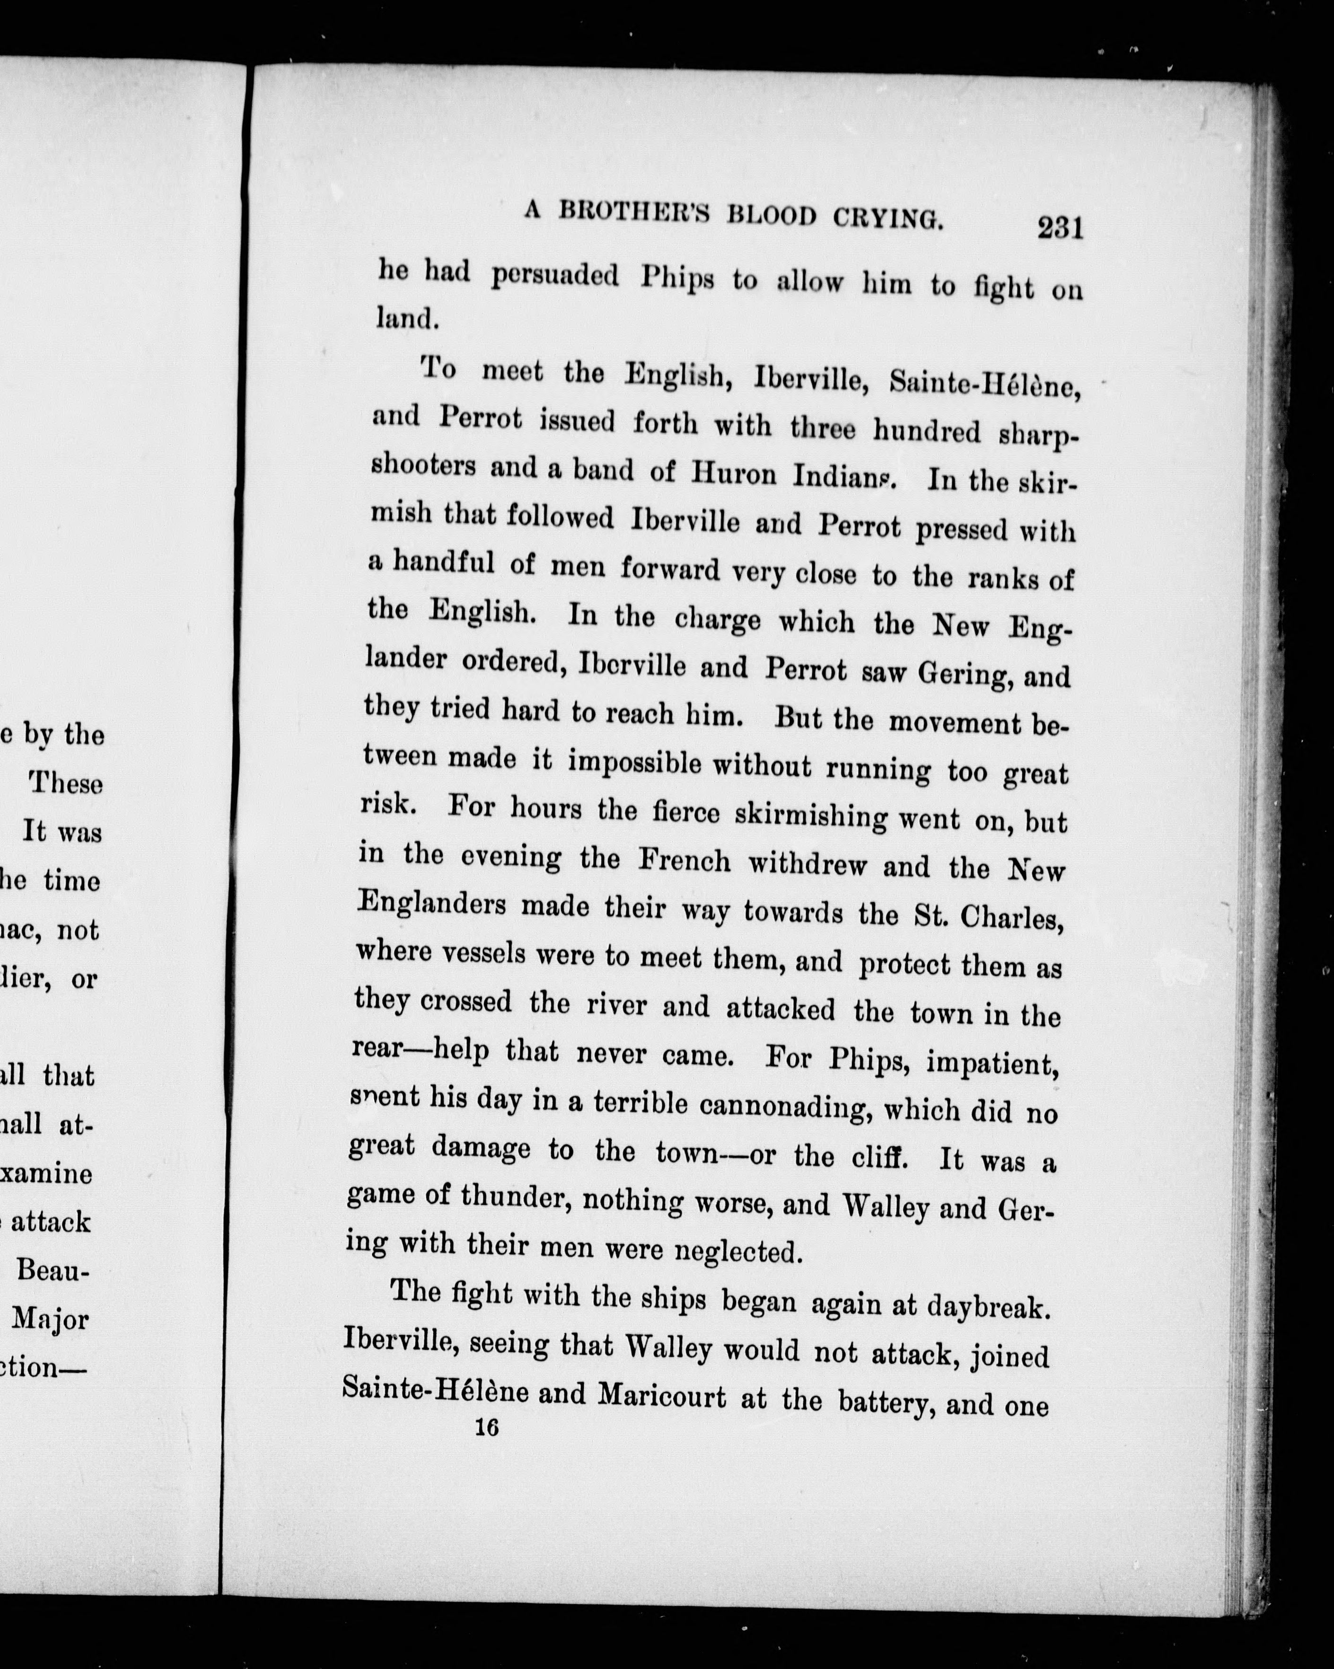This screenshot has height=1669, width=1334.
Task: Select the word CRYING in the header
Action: (x=887, y=219)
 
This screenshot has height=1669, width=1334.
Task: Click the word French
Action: (x=685, y=861)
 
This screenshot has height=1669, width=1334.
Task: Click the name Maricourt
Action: (x=662, y=1395)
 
